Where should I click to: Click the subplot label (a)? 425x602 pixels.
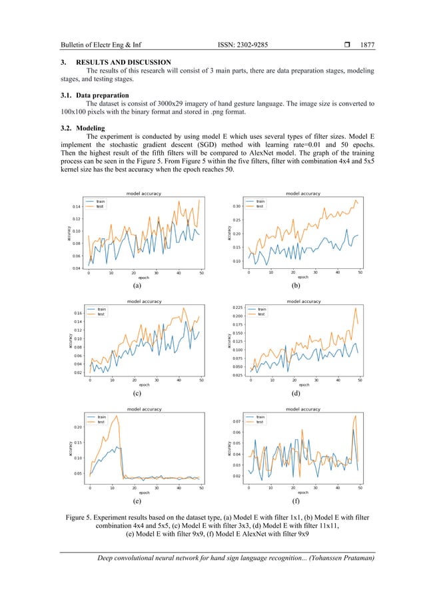tap(137, 285)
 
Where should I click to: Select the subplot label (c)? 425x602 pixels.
tap(137, 393)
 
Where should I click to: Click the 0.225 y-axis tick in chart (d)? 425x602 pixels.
tap(235, 308)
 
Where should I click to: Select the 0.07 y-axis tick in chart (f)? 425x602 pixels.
tap(236, 422)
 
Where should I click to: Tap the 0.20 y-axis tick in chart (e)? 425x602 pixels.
tap(78, 427)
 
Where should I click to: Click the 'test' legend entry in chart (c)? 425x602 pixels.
tap(102, 314)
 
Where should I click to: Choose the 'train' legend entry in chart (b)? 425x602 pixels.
tap(260, 201)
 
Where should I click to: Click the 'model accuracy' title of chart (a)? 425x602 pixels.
tap(144, 194)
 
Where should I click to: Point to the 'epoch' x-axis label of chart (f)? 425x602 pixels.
tap(303, 493)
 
